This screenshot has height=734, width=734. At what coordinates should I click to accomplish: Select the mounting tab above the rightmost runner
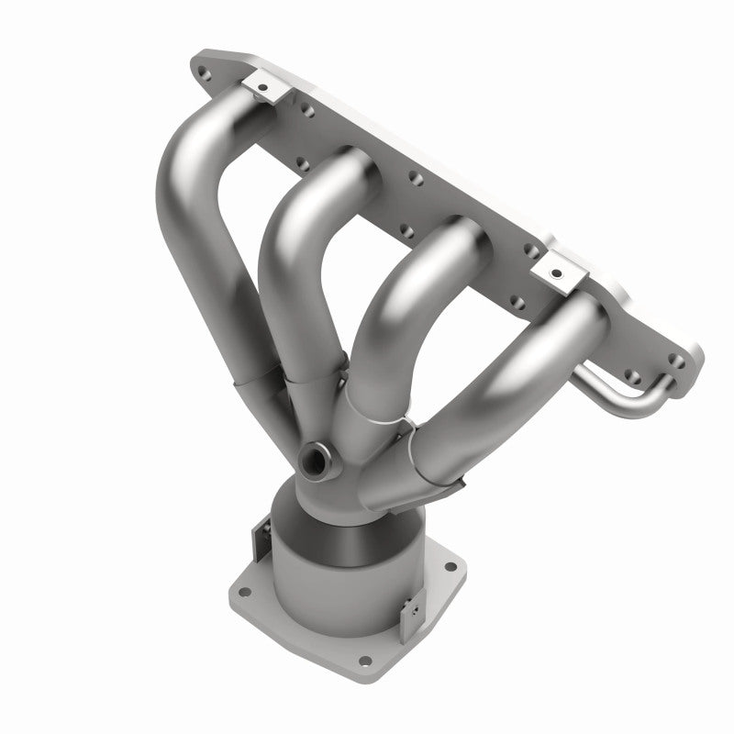click(557, 268)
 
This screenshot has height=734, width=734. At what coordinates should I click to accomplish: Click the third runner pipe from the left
click(404, 303)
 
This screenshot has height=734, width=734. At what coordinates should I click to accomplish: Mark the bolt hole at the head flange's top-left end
click(204, 67)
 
